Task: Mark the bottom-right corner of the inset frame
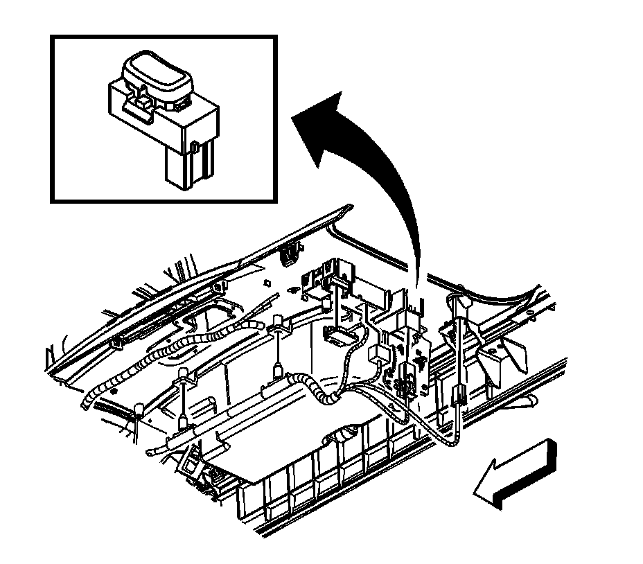(276, 201)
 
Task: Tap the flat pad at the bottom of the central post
(339, 337)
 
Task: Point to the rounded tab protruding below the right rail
(534, 400)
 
